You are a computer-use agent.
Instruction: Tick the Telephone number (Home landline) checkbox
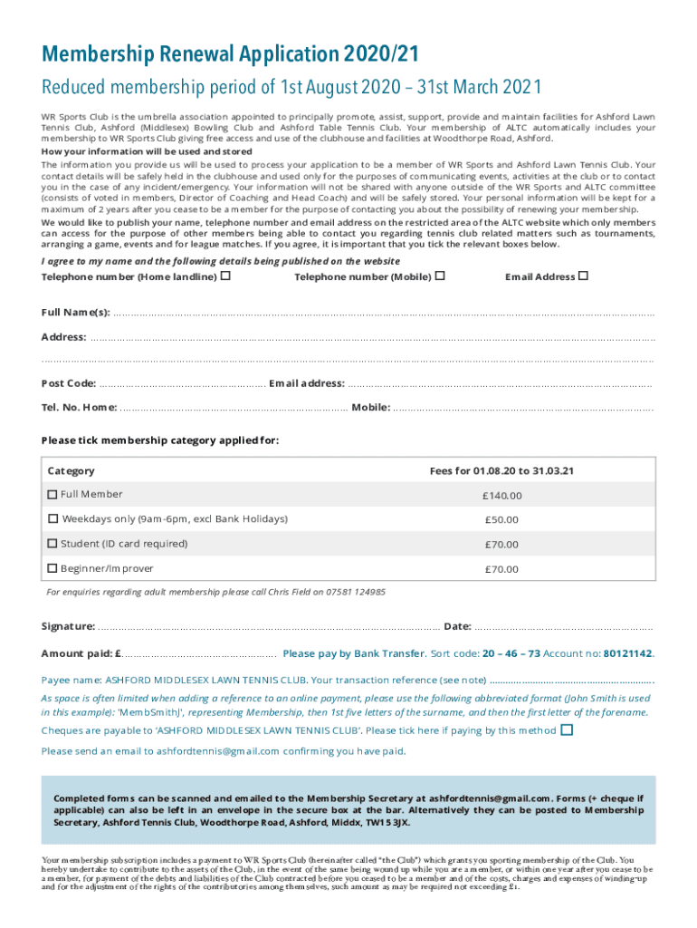[224, 275]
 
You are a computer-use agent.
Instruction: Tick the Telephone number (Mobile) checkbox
[440, 275]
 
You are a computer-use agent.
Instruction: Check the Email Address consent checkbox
[583, 275]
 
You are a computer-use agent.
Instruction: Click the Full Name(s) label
[76, 313]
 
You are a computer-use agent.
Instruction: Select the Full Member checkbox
[53, 495]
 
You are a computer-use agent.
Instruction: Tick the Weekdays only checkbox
[53, 519]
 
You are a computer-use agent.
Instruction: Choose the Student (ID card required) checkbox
[53, 544]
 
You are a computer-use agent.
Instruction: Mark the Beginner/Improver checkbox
[53, 569]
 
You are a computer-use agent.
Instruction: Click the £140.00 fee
[501, 496]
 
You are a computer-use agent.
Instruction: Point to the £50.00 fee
[501, 520]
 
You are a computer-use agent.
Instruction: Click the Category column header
[71, 471]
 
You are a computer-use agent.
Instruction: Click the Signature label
[68, 626]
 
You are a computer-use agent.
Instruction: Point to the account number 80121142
[627, 652]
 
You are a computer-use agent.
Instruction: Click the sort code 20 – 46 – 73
[511, 652]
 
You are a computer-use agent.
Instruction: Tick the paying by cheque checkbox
[567, 730]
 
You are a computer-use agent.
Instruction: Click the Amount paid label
[81, 653]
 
